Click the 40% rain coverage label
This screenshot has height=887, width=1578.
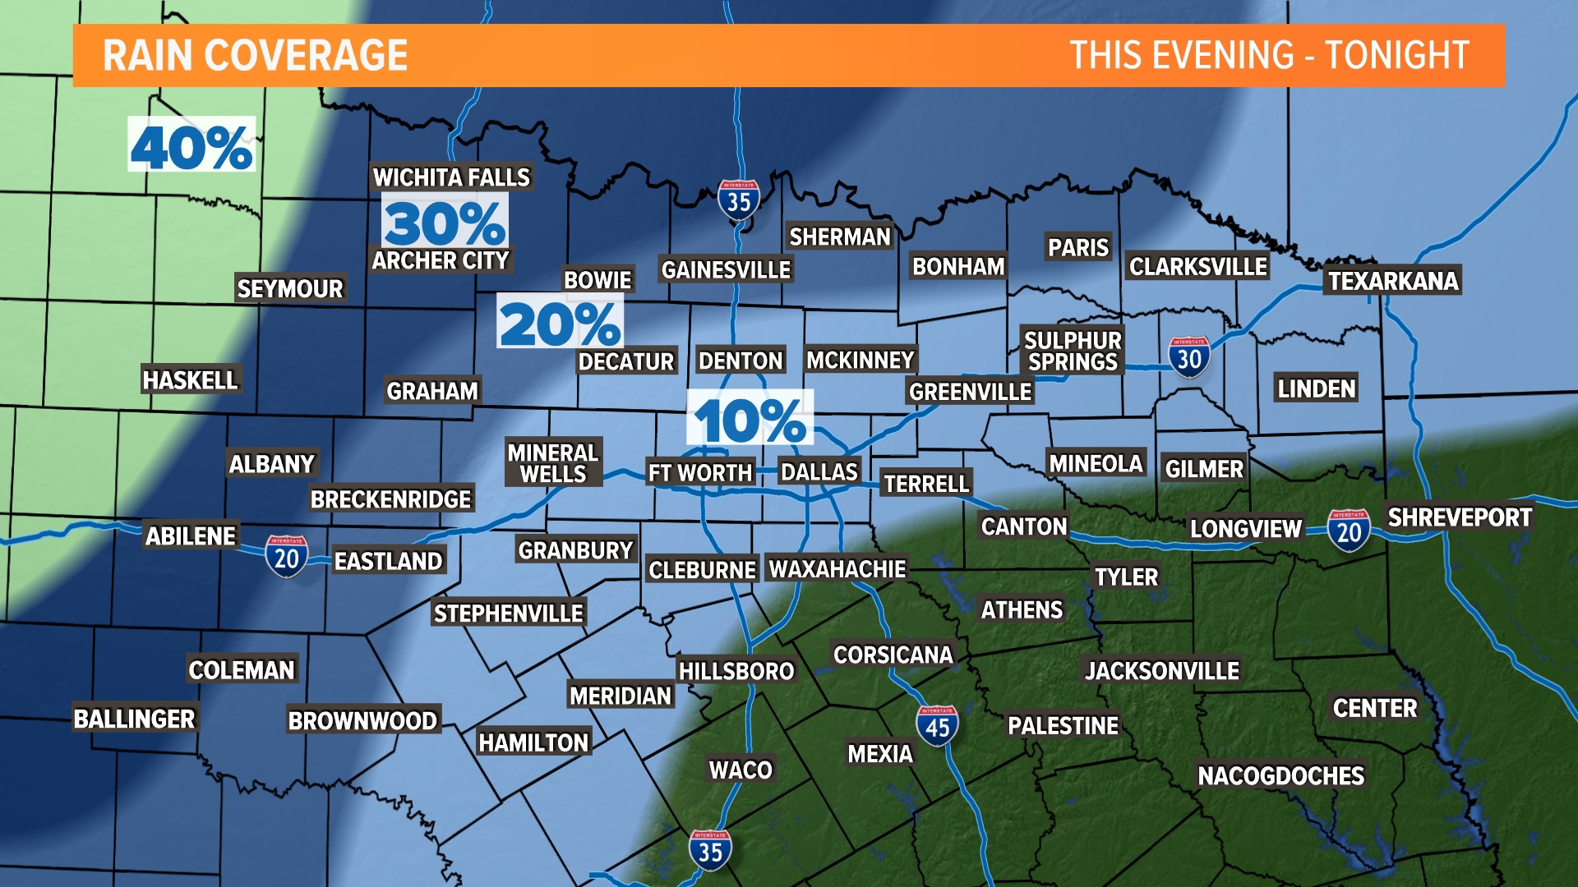click(191, 145)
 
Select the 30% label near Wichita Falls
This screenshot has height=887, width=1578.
click(445, 222)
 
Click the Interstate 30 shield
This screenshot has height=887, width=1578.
click(1188, 357)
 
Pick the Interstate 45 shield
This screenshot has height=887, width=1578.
click(937, 726)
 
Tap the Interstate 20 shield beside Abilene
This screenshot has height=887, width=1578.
click(286, 557)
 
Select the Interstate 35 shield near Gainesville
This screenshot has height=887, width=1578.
click(738, 200)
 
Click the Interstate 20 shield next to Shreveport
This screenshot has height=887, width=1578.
click(1349, 531)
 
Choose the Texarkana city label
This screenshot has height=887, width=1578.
click(1393, 281)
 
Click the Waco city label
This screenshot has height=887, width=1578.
click(741, 770)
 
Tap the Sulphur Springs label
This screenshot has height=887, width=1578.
click(1073, 351)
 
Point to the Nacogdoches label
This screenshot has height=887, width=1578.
click(1280, 775)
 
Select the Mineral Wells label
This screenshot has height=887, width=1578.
click(553, 463)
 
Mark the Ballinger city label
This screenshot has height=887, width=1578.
click(134, 719)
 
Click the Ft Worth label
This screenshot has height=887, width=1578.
click(700, 472)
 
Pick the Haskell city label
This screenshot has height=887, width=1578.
click(190, 379)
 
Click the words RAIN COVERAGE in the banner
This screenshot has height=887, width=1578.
click(255, 56)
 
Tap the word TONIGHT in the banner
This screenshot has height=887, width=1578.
click(1397, 56)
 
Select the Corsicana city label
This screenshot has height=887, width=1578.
click(893, 655)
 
